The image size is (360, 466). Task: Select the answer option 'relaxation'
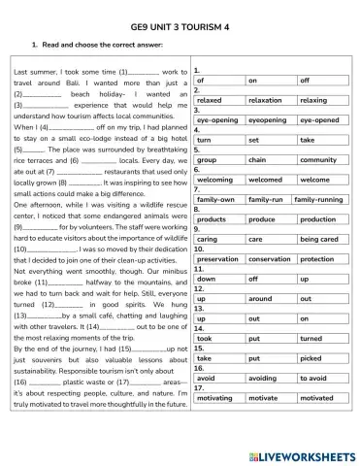click(x=266, y=100)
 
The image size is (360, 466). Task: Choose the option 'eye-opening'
click(x=217, y=120)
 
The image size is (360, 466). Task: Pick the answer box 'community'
click(x=317, y=159)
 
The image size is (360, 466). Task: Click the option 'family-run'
click(x=266, y=199)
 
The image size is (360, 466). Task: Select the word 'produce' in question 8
click(x=266, y=219)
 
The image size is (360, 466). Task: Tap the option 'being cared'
click(x=317, y=239)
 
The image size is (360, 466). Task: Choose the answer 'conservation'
click(x=266, y=259)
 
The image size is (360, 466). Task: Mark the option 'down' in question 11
click(x=217, y=279)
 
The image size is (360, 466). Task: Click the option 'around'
click(x=266, y=299)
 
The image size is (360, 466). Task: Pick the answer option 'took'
click(x=217, y=339)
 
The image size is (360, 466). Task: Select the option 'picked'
click(x=317, y=359)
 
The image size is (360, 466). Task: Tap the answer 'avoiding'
click(x=266, y=379)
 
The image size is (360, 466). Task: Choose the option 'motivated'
click(x=317, y=399)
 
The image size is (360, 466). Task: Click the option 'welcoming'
click(x=217, y=180)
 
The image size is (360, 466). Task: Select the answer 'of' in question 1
click(x=217, y=81)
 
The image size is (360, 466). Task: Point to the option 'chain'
click(x=266, y=159)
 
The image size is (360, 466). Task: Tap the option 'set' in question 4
click(x=266, y=140)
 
